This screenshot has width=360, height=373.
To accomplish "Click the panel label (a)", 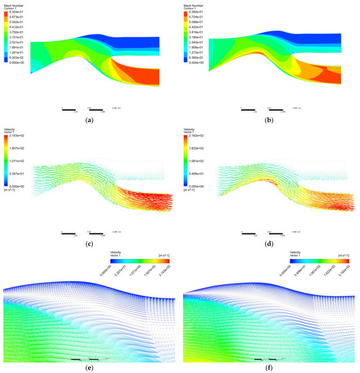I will [x=89, y=120].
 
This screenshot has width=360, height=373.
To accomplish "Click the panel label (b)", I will [x=270, y=120].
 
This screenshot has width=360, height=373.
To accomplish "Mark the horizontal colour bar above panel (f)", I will [x=319, y=259].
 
